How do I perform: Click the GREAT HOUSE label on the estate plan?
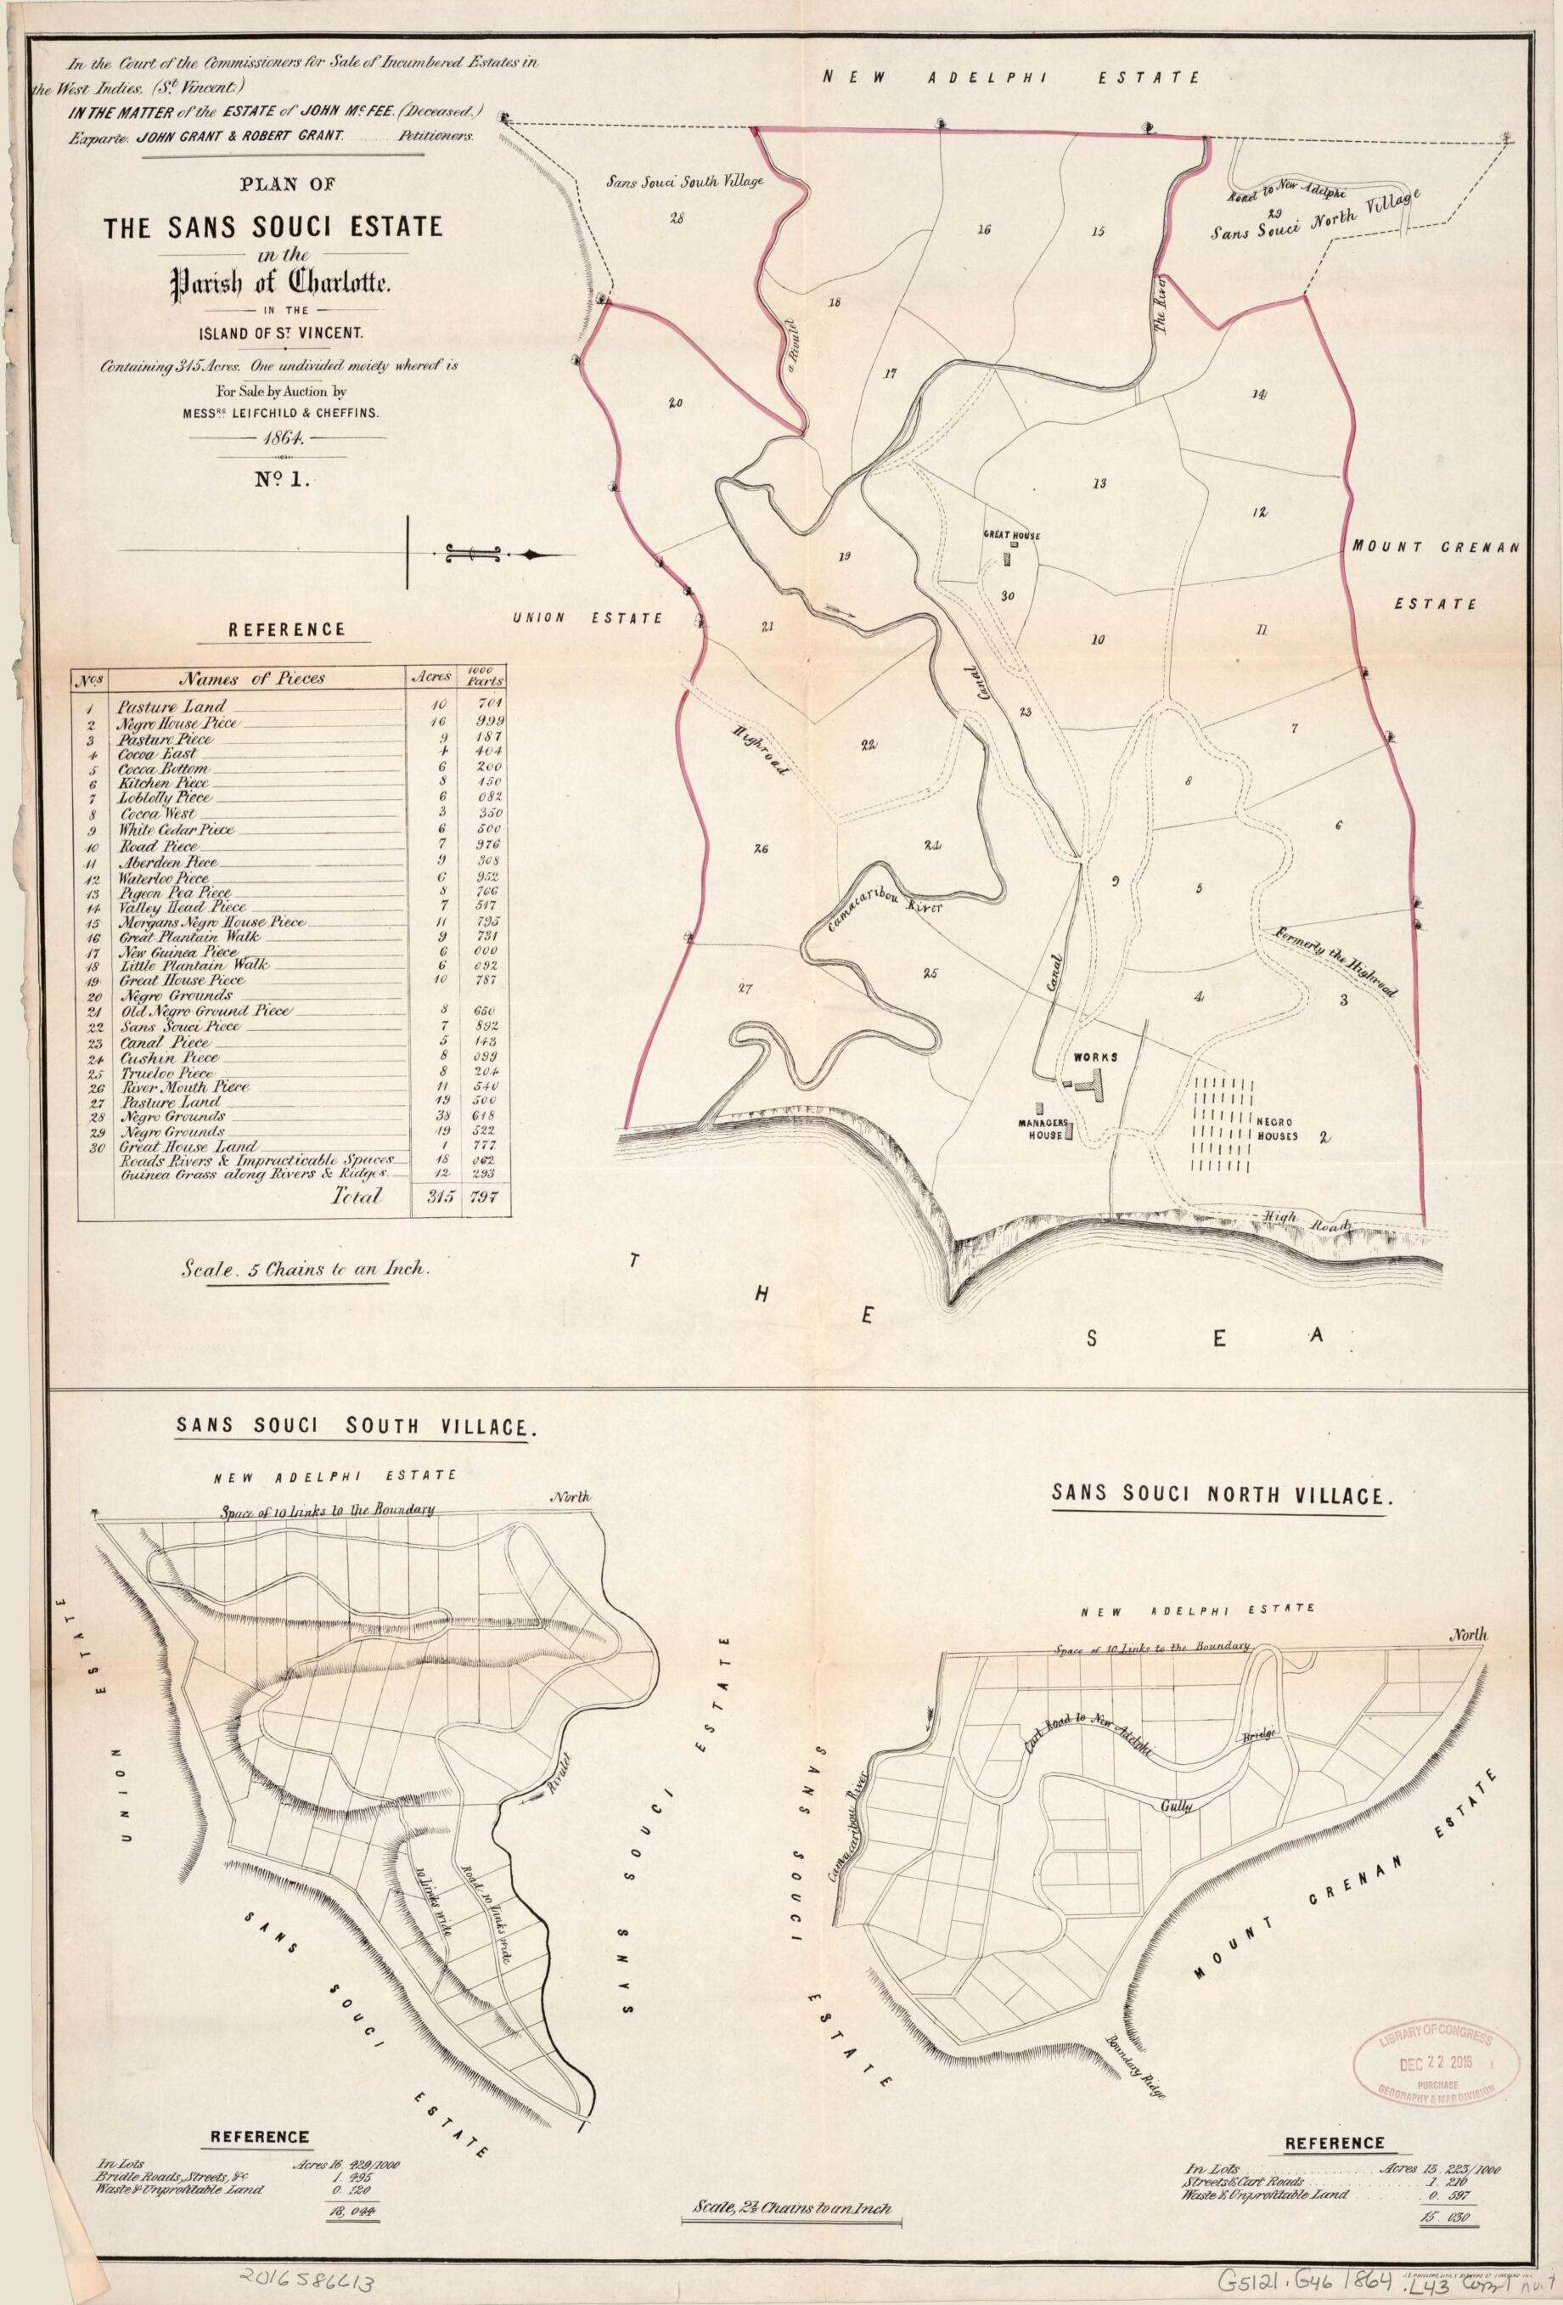pos(1012,536)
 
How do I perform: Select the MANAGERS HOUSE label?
pos(1038,1130)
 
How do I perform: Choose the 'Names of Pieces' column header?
pos(252,679)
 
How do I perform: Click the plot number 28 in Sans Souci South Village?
pos(677,218)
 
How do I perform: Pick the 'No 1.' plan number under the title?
pos(284,481)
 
